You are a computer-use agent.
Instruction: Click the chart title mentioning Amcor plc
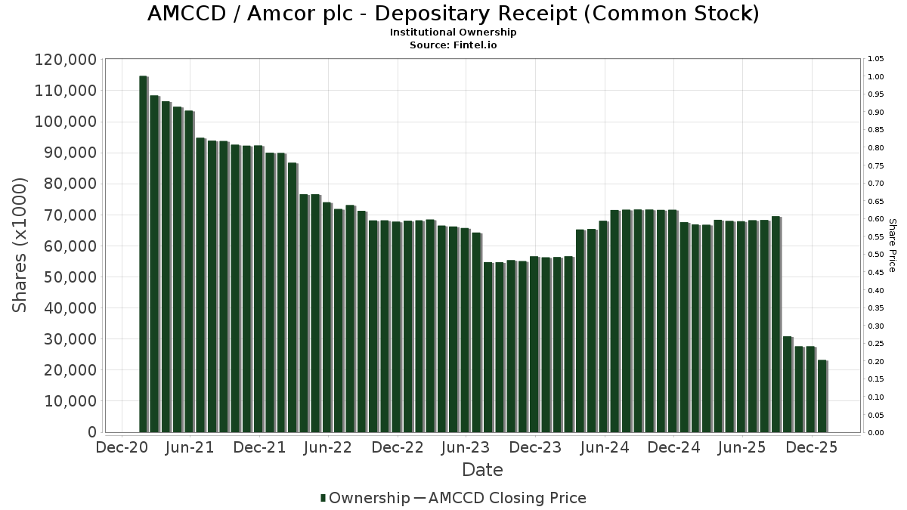(x=453, y=14)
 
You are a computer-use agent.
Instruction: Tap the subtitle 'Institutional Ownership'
(x=453, y=32)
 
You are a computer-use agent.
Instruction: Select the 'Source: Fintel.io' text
(x=453, y=45)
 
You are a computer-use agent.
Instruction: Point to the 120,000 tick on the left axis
(x=65, y=60)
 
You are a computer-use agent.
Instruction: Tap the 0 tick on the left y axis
(x=91, y=432)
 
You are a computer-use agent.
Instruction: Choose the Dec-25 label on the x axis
(x=811, y=447)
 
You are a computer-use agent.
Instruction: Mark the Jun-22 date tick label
(x=327, y=447)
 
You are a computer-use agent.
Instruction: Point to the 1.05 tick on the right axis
(x=876, y=59)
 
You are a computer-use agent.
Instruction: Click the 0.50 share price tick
(x=876, y=255)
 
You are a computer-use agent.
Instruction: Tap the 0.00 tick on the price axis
(x=876, y=432)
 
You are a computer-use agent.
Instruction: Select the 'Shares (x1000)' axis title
(x=20, y=245)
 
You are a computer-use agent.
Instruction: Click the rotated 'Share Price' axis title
(x=892, y=246)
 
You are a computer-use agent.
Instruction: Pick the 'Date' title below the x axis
(x=482, y=470)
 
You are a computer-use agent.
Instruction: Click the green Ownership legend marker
(x=323, y=498)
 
